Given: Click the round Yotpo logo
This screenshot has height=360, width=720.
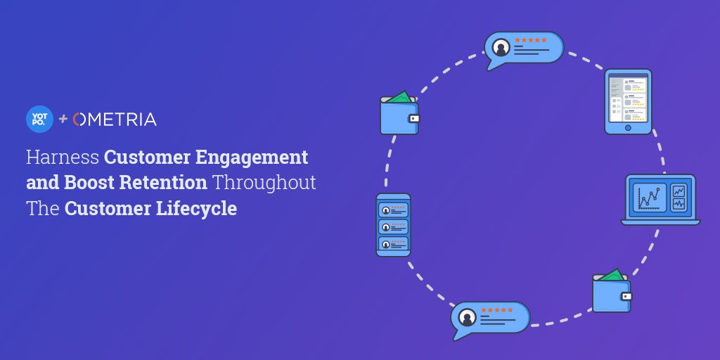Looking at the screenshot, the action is tap(39, 118).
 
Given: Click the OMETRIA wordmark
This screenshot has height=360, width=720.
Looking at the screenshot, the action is tap(115, 119).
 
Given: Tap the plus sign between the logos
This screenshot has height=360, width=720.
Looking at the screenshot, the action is tap(63, 119).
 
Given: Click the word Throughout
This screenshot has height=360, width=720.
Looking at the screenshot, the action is tap(264, 183).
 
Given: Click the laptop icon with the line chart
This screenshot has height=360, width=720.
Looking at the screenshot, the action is tap(660, 199).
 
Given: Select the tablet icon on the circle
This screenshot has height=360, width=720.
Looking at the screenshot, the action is tap(628, 101).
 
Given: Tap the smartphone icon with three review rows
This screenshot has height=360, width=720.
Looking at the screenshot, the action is tap(393, 225).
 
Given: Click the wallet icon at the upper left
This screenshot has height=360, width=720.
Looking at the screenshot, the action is tap(399, 114).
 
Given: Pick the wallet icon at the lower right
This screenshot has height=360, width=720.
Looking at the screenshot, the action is tap(612, 292).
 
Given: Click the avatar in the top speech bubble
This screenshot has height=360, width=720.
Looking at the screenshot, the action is tap(501, 48).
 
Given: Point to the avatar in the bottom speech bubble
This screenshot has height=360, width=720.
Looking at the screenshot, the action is tap(467, 318).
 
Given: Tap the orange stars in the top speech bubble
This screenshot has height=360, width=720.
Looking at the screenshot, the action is tap(531, 40).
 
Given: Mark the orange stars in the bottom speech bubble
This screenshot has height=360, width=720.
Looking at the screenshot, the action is tap(496, 310).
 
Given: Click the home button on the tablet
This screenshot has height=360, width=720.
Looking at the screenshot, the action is tap(628, 128).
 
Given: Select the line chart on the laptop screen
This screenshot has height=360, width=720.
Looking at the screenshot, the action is tap(650, 198).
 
